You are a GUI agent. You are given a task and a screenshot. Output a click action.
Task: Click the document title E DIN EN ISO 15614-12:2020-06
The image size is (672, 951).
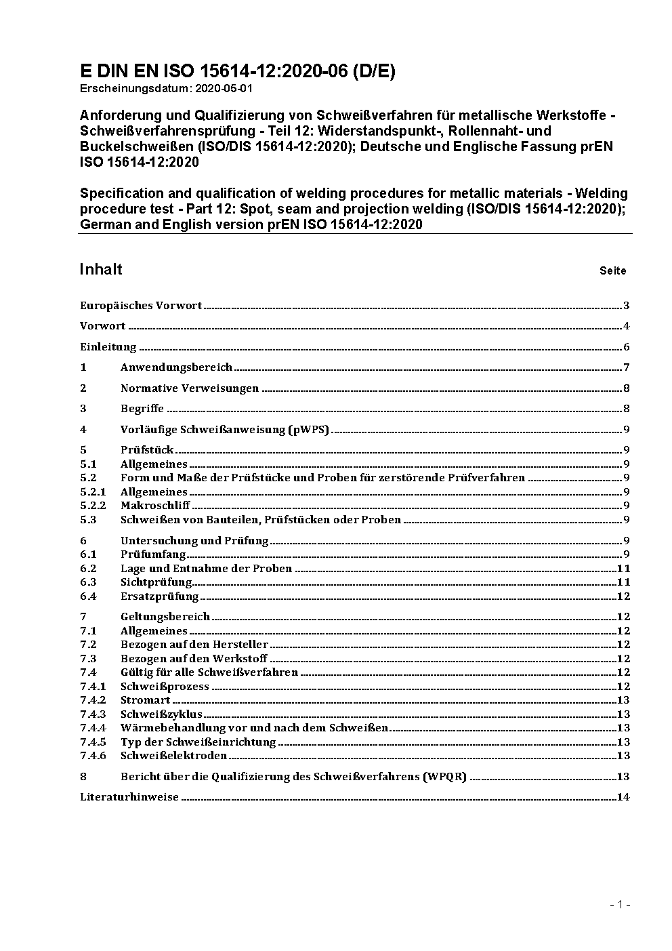click(x=237, y=72)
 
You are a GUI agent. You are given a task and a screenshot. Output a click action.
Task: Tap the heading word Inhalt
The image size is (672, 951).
click(x=101, y=270)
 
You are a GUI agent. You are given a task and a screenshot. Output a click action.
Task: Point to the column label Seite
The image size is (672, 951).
click(x=612, y=271)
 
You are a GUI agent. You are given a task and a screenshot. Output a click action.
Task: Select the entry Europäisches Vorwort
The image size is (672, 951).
click(x=141, y=306)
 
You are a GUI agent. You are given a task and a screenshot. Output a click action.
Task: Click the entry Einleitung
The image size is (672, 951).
click(x=108, y=347)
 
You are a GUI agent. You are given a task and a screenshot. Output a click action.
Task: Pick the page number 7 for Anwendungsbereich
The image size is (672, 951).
click(x=627, y=367)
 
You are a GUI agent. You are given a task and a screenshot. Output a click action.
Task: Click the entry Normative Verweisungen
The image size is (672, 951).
click(x=190, y=388)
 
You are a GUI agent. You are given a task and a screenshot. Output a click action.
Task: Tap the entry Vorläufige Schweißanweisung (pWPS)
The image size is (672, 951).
click(x=224, y=430)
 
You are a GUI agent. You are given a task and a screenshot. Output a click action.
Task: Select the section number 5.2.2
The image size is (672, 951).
click(x=93, y=506)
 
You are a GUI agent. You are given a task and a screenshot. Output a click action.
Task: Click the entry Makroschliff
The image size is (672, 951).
click(x=155, y=506)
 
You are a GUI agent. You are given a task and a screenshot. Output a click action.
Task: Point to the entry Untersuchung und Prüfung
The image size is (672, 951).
click(x=194, y=541)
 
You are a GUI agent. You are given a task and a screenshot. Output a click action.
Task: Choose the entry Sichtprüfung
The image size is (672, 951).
click(x=156, y=582)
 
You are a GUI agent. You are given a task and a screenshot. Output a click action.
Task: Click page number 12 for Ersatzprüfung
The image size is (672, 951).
click(x=623, y=596)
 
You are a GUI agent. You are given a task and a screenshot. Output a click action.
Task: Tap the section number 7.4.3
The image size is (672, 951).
click(x=93, y=714)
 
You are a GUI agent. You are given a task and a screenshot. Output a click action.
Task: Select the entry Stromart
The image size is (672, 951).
click(x=141, y=700)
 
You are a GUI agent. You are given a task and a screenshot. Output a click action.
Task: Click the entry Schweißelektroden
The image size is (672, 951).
click(x=173, y=756)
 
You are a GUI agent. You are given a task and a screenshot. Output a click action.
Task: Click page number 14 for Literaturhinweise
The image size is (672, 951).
click(x=623, y=797)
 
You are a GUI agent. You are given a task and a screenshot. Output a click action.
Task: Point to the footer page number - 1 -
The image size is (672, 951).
click(x=620, y=904)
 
